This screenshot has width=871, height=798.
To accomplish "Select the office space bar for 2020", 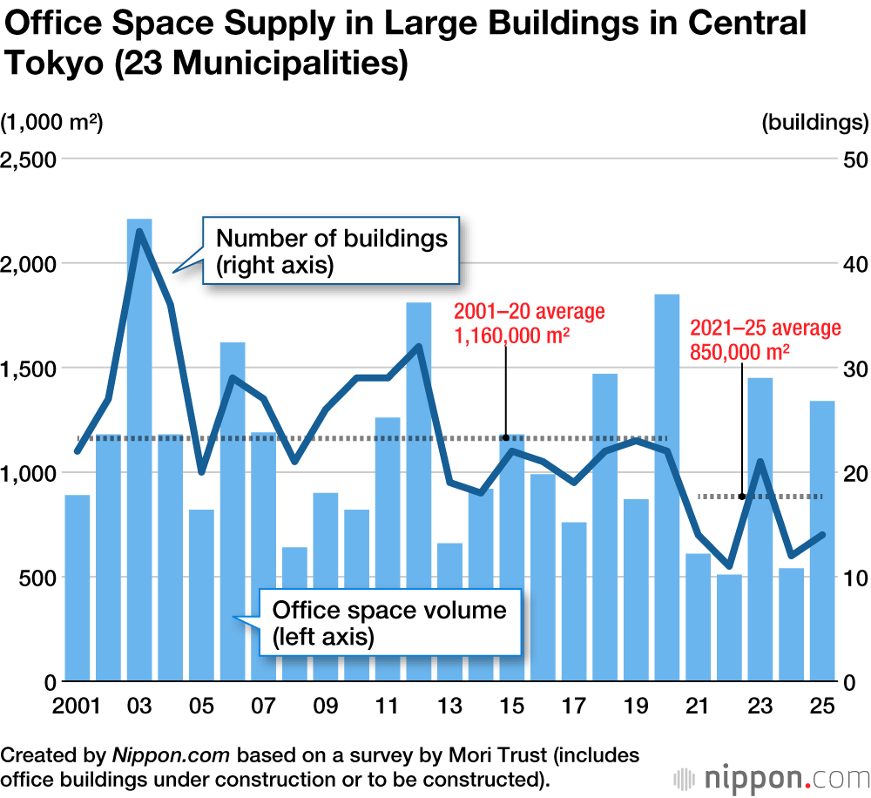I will click(667, 488).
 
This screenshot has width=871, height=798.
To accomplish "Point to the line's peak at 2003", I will click(139, 231).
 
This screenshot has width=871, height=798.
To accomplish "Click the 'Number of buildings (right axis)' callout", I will click(331, 252).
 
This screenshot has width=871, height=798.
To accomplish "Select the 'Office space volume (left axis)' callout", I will click(389, 622).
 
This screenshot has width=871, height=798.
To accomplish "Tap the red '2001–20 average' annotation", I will click(529, 323).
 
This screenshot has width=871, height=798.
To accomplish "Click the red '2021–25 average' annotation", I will click(765, 340).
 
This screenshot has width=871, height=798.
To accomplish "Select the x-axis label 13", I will click(450, 705).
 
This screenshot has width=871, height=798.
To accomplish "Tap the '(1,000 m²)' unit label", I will click(52, 123).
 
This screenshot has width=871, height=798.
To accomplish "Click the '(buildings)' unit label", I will click(814, 123).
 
